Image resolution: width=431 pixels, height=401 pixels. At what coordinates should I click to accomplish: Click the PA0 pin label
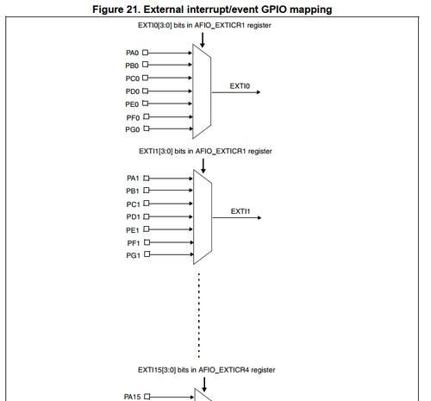point(133,53)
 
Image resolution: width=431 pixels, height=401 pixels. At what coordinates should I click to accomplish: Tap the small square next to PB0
point(146,65)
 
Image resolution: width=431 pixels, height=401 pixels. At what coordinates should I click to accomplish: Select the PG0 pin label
point(133,129)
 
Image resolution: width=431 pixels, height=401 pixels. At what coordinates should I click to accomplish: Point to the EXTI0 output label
point(240,86)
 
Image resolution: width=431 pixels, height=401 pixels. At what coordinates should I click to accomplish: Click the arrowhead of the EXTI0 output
point(259,92)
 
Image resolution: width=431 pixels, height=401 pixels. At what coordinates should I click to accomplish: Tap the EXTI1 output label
point(240,211)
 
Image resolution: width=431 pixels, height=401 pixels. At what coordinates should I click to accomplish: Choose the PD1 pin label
point(133,216)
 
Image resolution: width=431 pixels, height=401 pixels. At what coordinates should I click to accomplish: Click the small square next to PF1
point(147,242)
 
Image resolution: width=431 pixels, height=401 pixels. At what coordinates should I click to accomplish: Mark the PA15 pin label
point(133,397)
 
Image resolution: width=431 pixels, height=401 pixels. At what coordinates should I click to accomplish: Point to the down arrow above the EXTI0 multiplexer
point(203,40)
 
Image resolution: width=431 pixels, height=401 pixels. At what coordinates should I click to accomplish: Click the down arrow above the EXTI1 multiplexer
point(203,166)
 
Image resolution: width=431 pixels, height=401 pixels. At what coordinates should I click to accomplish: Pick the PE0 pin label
point(132,104)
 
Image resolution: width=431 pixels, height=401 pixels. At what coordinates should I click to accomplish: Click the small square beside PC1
point(147,204)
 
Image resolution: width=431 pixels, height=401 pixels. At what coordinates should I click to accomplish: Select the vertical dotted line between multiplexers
point(199,315)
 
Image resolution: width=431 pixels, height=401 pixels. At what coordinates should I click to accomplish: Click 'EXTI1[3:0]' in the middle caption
point(156,151)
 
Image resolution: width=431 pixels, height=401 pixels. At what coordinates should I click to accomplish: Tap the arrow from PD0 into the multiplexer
point(170,91)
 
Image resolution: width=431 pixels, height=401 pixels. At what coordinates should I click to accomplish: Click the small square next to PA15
point(147,397)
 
